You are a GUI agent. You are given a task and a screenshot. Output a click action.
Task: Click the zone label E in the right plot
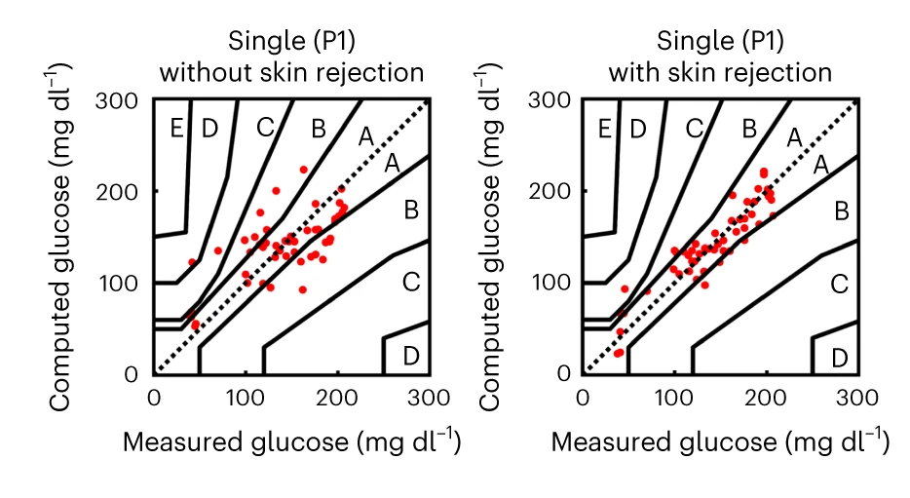click(606, 127)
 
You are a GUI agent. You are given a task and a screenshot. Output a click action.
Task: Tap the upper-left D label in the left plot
click(209, 127)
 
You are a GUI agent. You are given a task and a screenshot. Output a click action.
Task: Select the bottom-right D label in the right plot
click(839, 357)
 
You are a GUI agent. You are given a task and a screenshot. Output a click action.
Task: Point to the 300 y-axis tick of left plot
click(128, 99)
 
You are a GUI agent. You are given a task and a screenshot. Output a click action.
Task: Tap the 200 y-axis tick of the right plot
click(556, 191)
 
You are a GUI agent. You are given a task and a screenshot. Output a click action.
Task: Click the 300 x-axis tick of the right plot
click(857, 398)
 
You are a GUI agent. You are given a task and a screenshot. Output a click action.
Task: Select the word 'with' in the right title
click(633, 73)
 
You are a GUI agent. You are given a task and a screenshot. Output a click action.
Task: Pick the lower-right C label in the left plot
click(410, 282)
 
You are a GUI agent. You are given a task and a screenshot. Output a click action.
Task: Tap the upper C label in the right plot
click(694, 127)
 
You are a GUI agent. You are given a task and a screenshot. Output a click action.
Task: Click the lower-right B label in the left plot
click(410, 208)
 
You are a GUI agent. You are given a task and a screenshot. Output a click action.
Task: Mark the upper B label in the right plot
click(748, 127)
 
